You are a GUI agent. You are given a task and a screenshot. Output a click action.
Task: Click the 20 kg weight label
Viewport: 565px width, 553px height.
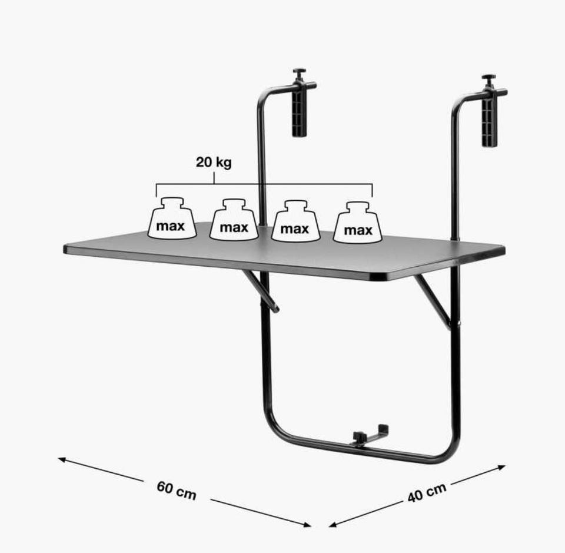pyautogui.click(x=214, y=163)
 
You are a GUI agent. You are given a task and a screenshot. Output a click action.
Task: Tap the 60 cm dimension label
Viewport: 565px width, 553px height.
pyautogui.click(x=177, y=491)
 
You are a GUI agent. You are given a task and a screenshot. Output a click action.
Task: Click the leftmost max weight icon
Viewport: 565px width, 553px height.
pyautogui.click(x=172, y=218)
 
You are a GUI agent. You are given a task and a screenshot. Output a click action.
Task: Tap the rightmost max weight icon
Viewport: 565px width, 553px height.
pyautogui.click(x=358, y=223)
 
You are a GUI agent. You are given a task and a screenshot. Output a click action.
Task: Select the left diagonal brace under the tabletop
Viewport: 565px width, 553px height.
pyautogui.click(x=260, y=291)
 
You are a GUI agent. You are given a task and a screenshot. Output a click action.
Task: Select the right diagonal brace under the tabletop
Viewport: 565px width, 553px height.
pyautogui.click(x=433, y=302)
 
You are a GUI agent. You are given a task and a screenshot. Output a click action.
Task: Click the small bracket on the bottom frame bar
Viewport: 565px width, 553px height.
pyautogui.click(x=370, y=436)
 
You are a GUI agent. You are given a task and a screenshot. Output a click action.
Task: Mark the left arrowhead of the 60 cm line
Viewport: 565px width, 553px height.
pyautogui.click(x=61, y=459)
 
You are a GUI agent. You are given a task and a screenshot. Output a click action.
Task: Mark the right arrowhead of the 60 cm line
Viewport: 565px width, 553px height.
pyautogui.click(x=307, y=525)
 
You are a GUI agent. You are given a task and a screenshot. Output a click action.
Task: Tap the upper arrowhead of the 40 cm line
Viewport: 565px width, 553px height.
pyautogui.click(x=501, y=467)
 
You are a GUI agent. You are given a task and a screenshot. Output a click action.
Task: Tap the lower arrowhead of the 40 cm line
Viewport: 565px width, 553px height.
pyautogui.click(x=333, y=525)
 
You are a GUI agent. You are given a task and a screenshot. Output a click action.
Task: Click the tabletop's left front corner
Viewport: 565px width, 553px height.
pyautogui.click(x=65, y=249)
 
